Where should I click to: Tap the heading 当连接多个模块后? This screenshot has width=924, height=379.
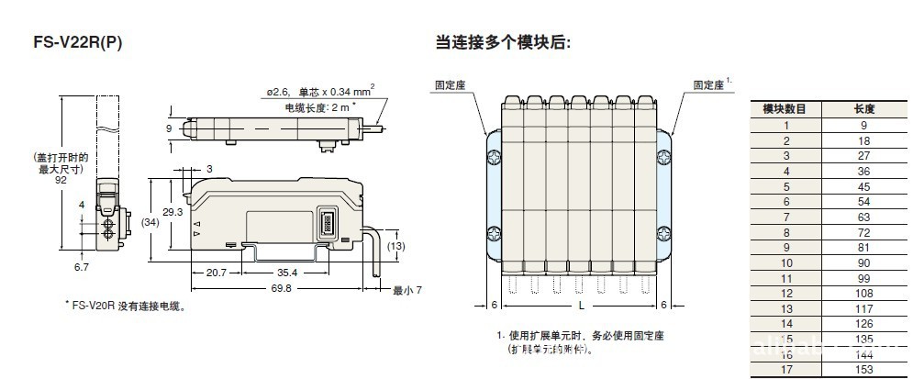click(502, 41)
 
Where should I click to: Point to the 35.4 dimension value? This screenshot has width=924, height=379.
click(286, 273)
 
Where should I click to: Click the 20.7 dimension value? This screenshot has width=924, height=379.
click(217, 273)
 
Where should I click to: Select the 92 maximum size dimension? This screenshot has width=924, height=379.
click(61, 181)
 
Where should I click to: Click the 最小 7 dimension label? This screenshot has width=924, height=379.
click(406, 291)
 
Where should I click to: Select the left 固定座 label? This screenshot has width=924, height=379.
click(451, 84)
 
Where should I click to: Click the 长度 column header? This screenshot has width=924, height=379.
click(863, 108)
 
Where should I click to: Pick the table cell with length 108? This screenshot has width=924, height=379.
click(863, 293)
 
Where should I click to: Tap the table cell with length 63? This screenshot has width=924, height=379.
click(863, 217)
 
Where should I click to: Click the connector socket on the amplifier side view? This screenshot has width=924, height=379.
click(328, 224)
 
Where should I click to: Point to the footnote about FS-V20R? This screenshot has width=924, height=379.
click(126, 307)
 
